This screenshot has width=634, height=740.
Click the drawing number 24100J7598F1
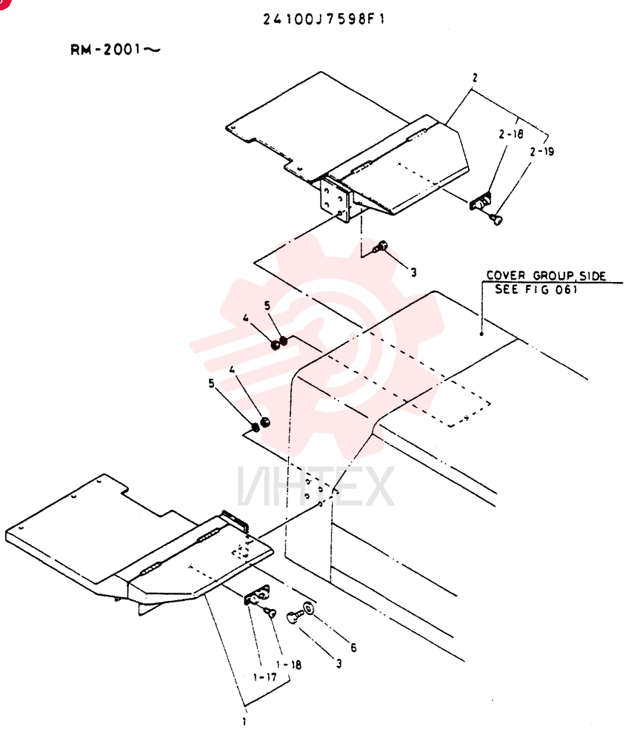pos(324,19)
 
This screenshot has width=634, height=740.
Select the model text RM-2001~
pos(116,49)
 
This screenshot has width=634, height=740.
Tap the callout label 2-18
pos(511,135)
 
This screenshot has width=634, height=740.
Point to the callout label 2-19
pos(542,152)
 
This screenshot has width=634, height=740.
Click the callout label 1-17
pos(265,677)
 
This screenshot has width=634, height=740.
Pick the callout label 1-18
pos(289,665)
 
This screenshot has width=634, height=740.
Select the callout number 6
pos(353,648)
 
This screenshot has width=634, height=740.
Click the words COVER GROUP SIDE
pos(546,275)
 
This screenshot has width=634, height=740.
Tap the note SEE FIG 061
pos(536,289)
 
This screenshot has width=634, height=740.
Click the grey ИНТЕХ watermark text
pos(316,485)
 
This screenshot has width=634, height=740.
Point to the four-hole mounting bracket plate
pos(335,200)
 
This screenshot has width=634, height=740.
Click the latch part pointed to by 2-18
pos(481,201)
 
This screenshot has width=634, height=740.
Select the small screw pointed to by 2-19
pos(496,218)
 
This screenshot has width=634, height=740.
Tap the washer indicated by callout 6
pos(309,608)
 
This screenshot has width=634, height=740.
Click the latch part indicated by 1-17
pos(257,595)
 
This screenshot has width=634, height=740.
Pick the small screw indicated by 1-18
pos(270,613)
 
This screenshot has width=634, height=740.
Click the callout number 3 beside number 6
pos(338,664)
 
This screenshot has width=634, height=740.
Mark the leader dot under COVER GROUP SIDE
pos(481,334)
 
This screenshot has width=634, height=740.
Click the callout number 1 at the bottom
pos(244,721)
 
